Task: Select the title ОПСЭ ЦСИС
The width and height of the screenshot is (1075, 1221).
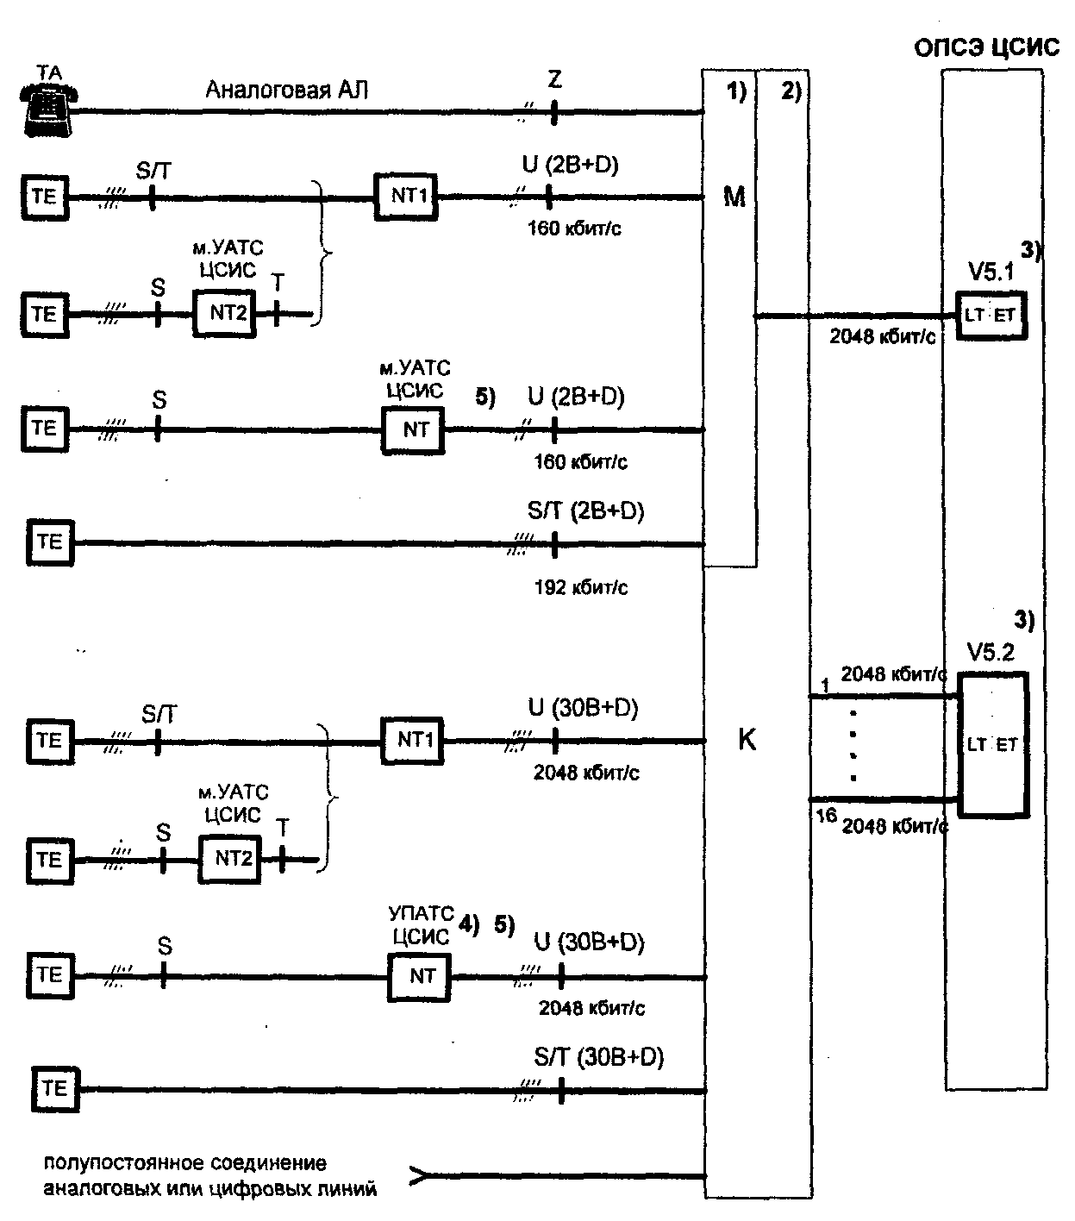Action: point(986,47)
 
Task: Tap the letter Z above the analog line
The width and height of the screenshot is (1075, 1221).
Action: point(554,79)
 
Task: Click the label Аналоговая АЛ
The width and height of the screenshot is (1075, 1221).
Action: point(286,90)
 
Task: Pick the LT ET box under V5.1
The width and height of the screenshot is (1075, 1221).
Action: point(991,316)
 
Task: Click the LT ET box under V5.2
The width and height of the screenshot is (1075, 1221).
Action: point(993,745)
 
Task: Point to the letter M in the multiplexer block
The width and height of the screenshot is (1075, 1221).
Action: point(734,197)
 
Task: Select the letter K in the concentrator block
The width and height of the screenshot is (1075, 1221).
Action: point(747,740)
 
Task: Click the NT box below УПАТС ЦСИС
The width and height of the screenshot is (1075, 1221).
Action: point(419,976)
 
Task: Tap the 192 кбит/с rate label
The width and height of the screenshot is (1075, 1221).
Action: point(581,587)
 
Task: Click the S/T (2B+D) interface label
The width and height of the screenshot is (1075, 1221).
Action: point(585,510)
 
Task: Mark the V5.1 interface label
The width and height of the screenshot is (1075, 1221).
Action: point(991,272)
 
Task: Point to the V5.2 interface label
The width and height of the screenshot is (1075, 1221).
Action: point(991,652)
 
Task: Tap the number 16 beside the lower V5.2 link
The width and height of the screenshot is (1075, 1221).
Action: point(827,816)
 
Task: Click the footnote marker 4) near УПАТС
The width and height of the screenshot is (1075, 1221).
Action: point(469,924)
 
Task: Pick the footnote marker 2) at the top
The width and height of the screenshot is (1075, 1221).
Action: point(791,91)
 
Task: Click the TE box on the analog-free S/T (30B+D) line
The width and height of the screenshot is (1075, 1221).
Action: point(55,1089)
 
